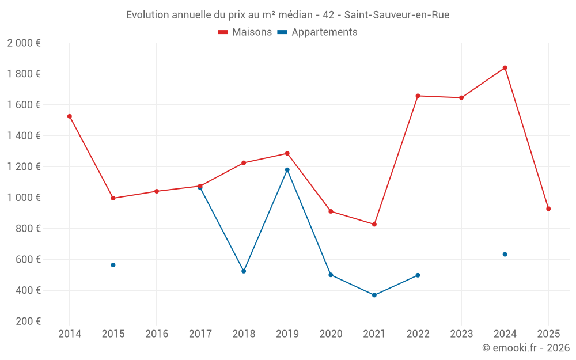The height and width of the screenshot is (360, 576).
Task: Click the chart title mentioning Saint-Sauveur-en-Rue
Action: [x=287, y=15]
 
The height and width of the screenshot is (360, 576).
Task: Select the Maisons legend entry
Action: [x=245, y=32]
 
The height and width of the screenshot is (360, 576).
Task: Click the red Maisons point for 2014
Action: [x=70, y=116]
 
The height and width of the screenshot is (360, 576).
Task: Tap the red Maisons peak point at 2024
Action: [x=505, y=68]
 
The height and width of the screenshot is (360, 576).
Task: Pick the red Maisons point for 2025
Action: [x=548, y=209]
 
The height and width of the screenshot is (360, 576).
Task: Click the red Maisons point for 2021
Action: [x=374, y=224]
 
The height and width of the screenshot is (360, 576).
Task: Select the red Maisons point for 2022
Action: [x=418, y=96]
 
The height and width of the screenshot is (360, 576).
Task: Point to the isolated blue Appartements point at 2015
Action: [x=113, y=265]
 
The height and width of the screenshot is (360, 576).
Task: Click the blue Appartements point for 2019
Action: [x=287, y=170]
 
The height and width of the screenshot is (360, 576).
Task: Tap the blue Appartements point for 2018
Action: [x=244, y=271]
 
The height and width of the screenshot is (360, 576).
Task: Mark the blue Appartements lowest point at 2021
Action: [x=374, y=295]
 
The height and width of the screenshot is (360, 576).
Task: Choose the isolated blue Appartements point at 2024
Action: [x=505, y=254]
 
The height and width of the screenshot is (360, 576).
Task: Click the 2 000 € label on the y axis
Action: [x=24, y=43]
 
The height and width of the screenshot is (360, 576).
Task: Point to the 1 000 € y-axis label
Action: [x=24, y=198]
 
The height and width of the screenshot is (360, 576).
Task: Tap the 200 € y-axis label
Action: [x=28, y=321]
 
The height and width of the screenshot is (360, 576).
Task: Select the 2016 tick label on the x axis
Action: [x=157, y=334]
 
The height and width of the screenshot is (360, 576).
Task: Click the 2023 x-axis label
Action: [x=461, y=334]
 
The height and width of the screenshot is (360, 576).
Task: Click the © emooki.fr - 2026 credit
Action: [x=525, y=348]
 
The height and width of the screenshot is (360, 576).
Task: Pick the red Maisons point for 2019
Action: [x=287, y=153]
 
